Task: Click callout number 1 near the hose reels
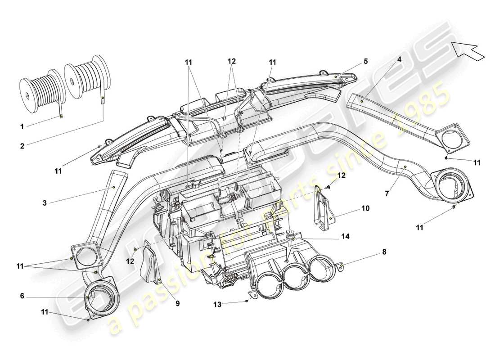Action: [22, 126]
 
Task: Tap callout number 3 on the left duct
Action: [45, 203]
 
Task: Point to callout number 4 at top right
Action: [399, 59]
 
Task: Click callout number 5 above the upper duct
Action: [366, 61]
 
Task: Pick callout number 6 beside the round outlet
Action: [22, 297]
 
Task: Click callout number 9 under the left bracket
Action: [177, 304]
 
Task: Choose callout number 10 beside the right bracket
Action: [365, 209]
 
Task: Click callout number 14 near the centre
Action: [346, 236]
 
